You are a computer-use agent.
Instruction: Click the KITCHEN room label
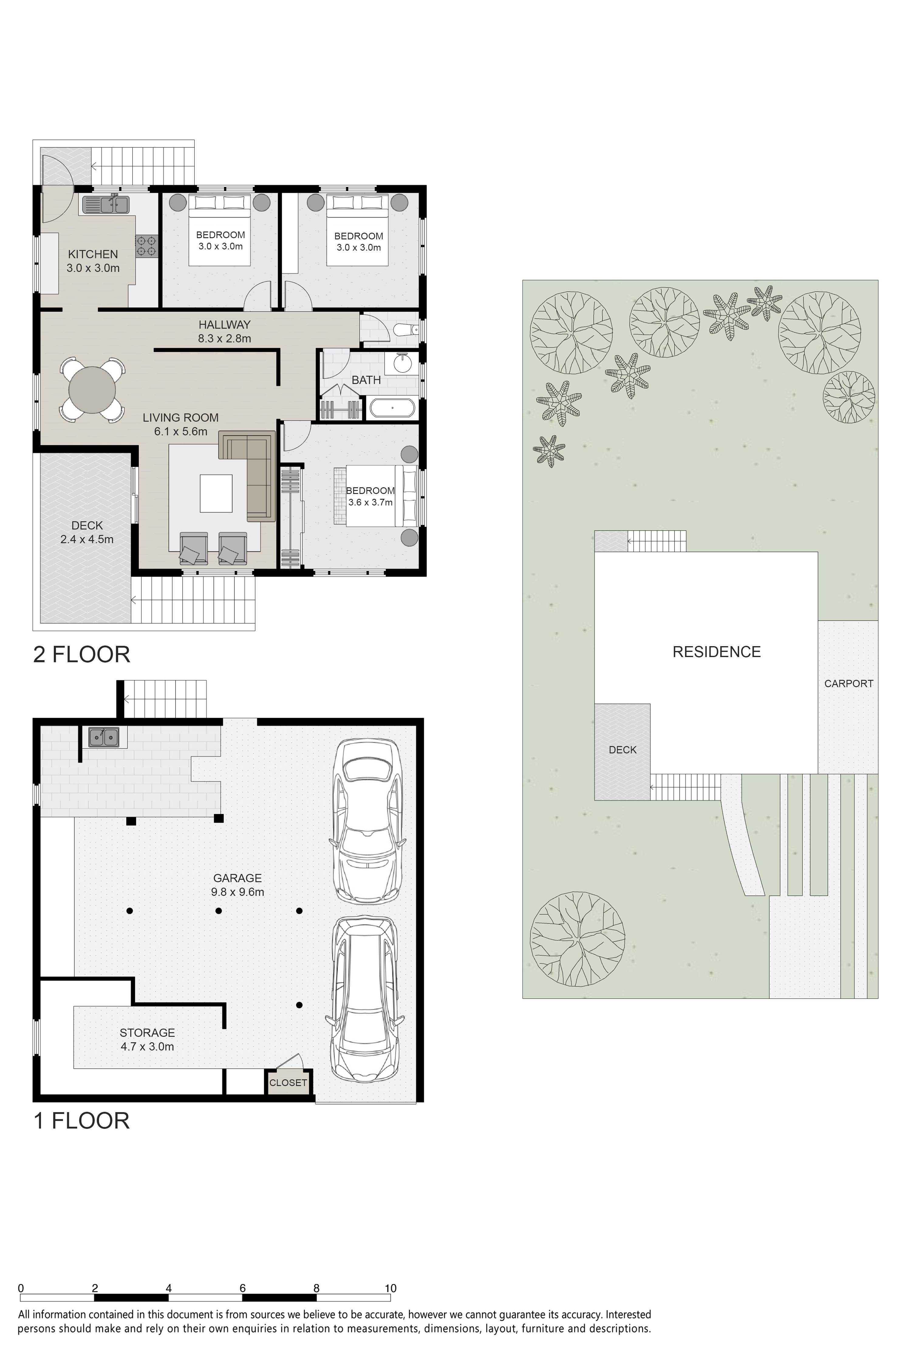[x=93, y=254]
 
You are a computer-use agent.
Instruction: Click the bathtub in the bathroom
[x=393, y=408]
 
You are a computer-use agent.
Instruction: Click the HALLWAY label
[x=224, y=324]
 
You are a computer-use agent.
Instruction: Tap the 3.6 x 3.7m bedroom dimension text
[x=370, y=502]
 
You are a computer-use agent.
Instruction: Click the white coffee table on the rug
[x=216, y=493]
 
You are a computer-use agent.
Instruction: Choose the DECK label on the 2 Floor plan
[x=87, y=526]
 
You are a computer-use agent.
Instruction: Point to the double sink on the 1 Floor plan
[x=104, y=737]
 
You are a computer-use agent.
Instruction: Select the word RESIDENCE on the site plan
[x=716, y=652]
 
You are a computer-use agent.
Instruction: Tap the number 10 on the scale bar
[x=391, y=1288]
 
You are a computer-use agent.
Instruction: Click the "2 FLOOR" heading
[x=81, y=654]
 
